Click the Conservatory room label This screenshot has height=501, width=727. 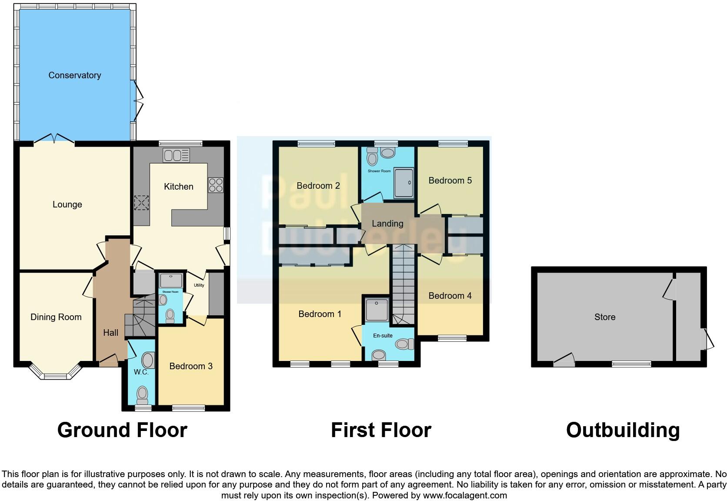(75, 75)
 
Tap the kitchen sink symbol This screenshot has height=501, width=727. (176, 155)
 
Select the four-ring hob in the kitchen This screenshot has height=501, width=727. (216, 185)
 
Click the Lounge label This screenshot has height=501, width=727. (67, 204)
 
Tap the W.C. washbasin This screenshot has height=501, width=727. (148, 361)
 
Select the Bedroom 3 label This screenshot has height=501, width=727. (191, 366)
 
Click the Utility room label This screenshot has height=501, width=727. (199, 285)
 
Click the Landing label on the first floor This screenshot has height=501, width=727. (387, 224)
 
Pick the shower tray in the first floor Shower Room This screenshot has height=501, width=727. (404, 183)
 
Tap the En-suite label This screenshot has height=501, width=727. (383, 336)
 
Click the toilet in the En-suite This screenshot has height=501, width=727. (404, 344)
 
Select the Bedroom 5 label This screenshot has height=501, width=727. (450, 180)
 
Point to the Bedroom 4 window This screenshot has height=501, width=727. (452, 338)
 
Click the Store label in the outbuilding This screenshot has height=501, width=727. (605, 317)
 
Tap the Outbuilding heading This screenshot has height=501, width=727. (623, 430)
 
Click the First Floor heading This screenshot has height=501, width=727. (381, 430)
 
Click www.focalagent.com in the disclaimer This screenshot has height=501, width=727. (465, 495)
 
